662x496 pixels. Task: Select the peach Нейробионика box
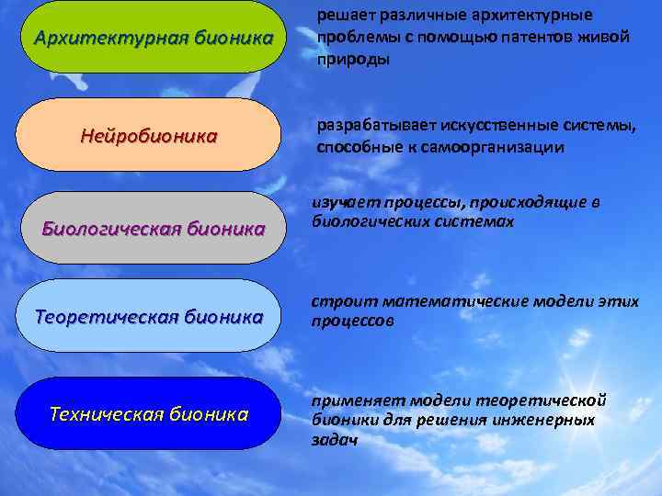(149, 135)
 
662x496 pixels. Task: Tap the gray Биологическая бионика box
(153, 227)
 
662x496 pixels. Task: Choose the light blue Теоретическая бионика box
(149, 316)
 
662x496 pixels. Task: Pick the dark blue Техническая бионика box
(149, 413)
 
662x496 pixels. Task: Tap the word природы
(353, 58)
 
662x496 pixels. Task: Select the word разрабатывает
(377, 125)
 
